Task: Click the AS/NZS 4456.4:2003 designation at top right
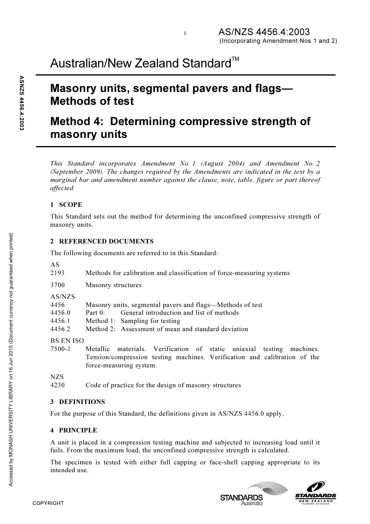(264, 32)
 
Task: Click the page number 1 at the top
(185, 34)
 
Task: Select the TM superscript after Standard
(235, 59)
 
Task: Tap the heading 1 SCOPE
(66, 205)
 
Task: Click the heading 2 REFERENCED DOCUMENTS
(102, 241)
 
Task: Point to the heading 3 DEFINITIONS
(78, 402)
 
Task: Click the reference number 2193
(58, 273)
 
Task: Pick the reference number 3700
(58, 285)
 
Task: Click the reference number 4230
(58, 385)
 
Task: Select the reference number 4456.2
(60, 329)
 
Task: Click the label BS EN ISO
(67, 341)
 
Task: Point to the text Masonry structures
(113, 285)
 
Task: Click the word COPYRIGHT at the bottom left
(48, 503)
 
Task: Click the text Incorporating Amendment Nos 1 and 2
(278, 41)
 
